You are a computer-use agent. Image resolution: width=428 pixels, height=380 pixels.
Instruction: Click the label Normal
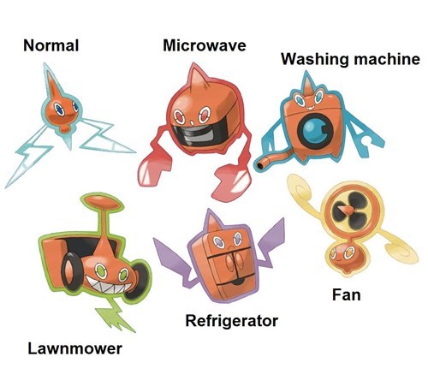point(51,45)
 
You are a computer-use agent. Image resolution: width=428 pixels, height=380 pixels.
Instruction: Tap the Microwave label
point(205,45)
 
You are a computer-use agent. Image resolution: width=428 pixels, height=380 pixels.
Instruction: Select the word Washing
point(315,60)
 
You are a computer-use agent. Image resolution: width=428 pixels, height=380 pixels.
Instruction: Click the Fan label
point(347,294)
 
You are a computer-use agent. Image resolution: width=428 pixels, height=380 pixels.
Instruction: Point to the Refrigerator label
point(232,321)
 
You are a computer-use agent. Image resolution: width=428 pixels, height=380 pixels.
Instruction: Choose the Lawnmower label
point(75,348)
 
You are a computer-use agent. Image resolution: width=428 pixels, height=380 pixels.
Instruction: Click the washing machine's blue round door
point(315,132)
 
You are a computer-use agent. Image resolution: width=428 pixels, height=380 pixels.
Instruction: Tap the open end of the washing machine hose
point(260,166)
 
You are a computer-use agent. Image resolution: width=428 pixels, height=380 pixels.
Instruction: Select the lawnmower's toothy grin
point(109,286)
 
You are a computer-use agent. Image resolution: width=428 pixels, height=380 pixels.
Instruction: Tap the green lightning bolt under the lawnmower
point(116,317)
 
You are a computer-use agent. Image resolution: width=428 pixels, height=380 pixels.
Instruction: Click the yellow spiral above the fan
point(303,192)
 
